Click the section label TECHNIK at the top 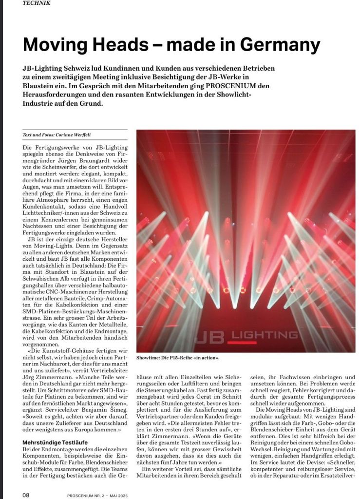(x=37, y=2)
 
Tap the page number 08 (x=26, y=495)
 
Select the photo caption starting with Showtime (x=178, y=358)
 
